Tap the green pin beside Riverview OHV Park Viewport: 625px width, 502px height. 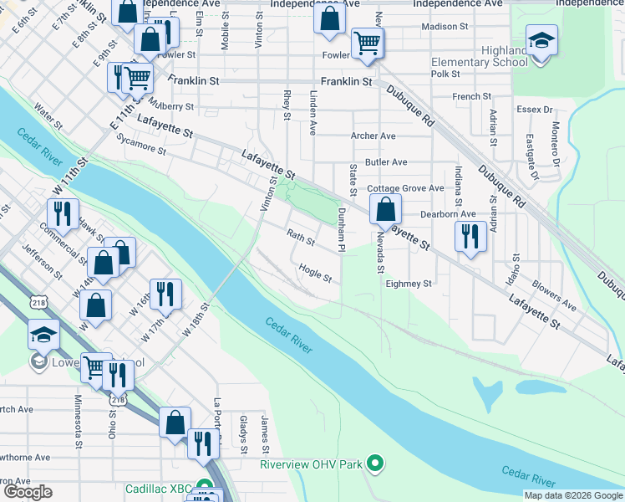tap(376, 463)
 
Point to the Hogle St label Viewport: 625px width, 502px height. tap(316, 273)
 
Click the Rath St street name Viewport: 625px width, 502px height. tap(301, 238)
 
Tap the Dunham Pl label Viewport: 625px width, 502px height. tap(341, 229)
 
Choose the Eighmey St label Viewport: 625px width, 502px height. tap(409, 284)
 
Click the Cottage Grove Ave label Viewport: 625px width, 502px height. tap(405, 188)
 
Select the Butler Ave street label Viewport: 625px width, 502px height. tap(385, 161)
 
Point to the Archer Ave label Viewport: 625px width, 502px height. tap(373, 136)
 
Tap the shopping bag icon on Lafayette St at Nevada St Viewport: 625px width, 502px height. tap(384, 210)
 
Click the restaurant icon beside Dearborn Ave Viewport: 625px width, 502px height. tap(470, 236)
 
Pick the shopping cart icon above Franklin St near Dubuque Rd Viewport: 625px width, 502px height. tap(367, 43)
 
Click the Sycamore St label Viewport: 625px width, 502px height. tap(140, 145)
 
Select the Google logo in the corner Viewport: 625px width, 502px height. tap(28, 492)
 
